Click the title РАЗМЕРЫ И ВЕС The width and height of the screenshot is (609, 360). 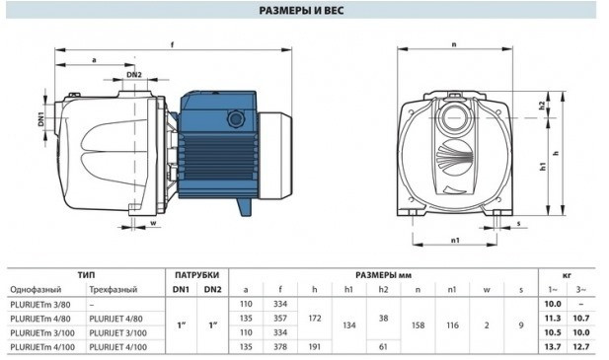301,10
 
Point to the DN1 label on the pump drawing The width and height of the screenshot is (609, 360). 41,119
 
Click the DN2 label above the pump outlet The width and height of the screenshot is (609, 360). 134,75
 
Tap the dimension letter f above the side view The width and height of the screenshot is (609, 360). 172,44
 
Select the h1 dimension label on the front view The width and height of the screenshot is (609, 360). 543,167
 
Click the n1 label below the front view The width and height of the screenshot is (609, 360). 455,240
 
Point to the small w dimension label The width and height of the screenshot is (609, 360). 153,223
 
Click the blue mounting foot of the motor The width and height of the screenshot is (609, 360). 245,206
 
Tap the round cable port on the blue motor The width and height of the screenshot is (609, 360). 235,118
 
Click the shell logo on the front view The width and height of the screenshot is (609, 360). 454,157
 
